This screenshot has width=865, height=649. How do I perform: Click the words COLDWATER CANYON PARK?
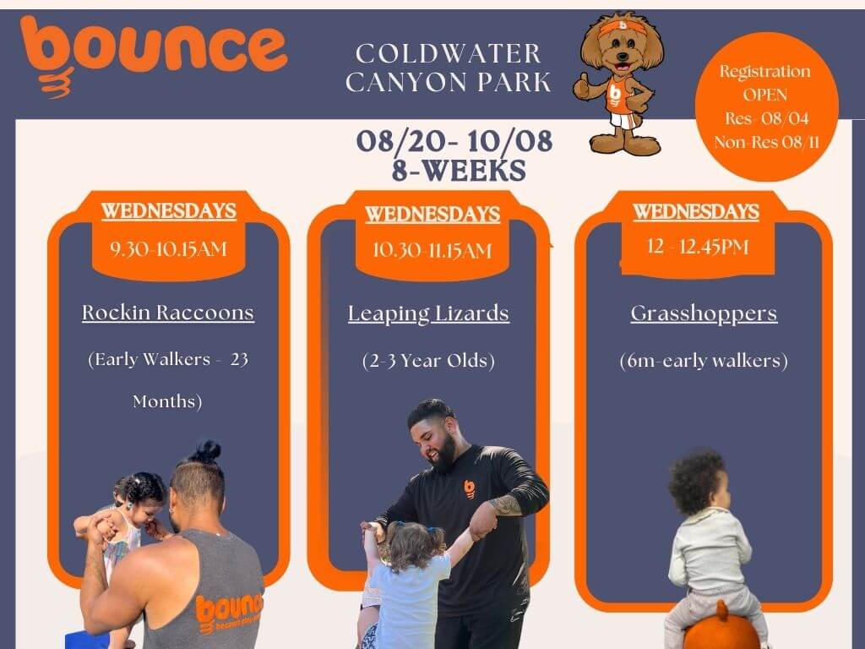coord(448,68)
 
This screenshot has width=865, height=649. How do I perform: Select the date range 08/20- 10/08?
coord(454,141)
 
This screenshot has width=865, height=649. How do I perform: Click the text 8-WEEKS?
coord(459,171)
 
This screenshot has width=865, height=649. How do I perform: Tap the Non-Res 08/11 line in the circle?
coord(767,142)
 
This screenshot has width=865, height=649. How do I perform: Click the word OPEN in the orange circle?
coord(765,95)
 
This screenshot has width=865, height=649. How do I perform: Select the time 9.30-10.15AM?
coord(168,249)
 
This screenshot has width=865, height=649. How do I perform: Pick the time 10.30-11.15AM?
coord(432,250)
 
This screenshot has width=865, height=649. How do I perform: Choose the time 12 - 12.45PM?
coord(698,247)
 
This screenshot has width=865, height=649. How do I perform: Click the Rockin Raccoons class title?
coord(168,313)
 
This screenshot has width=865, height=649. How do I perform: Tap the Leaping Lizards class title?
coord(428,314)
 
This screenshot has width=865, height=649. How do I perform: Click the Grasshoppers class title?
coord(704,314)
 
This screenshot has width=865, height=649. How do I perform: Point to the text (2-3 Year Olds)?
coord(428,361)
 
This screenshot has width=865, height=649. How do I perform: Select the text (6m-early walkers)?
coord(704,361)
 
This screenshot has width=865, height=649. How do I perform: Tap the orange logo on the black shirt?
coord(470,489)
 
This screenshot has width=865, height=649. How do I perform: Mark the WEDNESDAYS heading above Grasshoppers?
coord(696,212)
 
